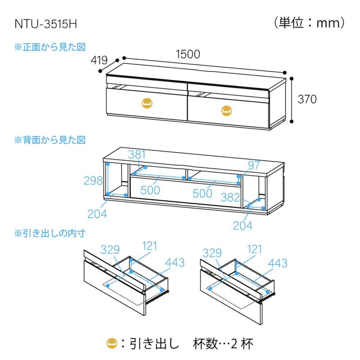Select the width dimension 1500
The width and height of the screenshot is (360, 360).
(x=188, y=54)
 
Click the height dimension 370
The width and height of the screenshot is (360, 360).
(x=307, y=99)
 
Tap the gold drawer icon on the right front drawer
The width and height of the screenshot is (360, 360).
(x=226, y=110)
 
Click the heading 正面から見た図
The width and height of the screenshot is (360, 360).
(x=50, y=46)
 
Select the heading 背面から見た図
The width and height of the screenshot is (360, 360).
(x=50, y=140)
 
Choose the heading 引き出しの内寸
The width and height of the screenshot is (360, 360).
(x=50, y=234)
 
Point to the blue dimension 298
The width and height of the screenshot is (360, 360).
(x=93, y=180)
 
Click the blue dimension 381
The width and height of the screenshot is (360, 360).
(x=138, y=155)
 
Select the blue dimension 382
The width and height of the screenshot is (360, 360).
(x=230, y=196)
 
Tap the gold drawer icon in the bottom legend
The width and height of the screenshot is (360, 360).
(x=111, y=344)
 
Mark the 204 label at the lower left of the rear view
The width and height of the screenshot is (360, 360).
(x=97, y=214)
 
